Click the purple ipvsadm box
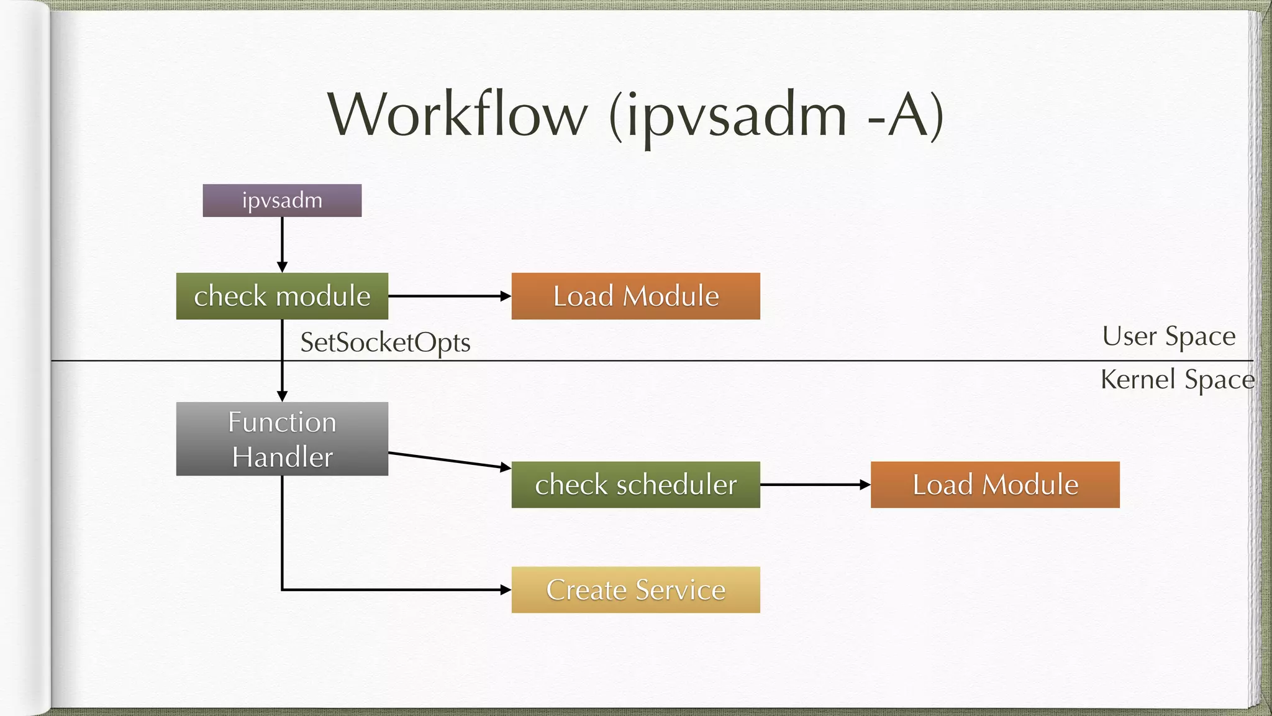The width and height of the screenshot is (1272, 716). [282, 200]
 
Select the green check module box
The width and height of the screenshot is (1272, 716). [282, 296]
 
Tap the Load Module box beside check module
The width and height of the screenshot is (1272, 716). [635, 296]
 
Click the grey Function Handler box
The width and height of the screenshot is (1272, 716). [282, 438]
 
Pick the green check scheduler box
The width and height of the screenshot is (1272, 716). [635, 484]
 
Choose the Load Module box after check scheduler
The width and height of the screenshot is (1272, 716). [994, 484]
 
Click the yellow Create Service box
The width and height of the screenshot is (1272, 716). [635, 589]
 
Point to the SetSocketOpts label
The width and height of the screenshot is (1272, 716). [385, 342]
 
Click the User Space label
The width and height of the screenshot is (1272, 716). [1168, 336]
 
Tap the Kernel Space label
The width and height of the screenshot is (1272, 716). [1177, 379]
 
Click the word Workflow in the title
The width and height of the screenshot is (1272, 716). [457, 114]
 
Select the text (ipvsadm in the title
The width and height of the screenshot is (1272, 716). [727, 116]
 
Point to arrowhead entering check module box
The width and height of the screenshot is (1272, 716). [282, 267]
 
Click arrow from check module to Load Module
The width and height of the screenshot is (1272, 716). [447, 296]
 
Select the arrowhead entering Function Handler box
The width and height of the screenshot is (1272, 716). [282, 396]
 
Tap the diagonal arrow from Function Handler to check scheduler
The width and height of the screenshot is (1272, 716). [447, 461]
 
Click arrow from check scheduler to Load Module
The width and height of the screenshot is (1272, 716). [814, 484]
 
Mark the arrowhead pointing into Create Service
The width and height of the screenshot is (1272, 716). [506, 589]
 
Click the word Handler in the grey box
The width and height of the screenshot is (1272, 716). [282, 457]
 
